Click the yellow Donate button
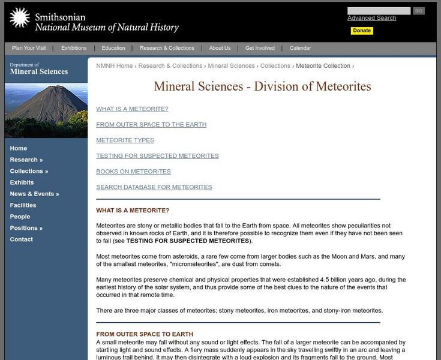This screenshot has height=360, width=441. click(x=362, y=31)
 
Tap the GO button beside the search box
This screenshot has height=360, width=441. click(x=419, y=11)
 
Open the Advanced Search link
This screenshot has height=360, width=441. click(x=371, y=18)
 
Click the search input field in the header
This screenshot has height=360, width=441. click(x=379, y=11)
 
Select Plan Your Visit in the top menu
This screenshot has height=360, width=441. click(x=29, y=48)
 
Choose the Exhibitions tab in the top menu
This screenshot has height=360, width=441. click(x=74, y=48)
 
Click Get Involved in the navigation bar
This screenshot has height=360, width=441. click(x=260, y=48)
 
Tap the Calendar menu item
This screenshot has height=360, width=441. click(x=300, y=48)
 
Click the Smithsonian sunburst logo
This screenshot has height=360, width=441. click(x=19, y=19)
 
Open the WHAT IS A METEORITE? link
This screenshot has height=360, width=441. click(x=132, y=109)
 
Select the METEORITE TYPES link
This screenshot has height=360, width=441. click(x=125, y=140)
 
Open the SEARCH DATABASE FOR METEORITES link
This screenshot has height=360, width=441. click(x=154, y=187)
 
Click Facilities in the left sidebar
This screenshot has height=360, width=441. click(x=23, y=205)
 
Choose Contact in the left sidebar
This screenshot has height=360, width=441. click(x=21, y=239)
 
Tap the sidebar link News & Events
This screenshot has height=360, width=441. click(x=34, y=194)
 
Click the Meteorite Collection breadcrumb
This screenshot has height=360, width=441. click(x=323, y=66)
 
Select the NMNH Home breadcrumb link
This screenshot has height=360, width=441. click(x=114, y=66)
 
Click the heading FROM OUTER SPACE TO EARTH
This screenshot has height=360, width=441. click(x=145, y=334)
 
